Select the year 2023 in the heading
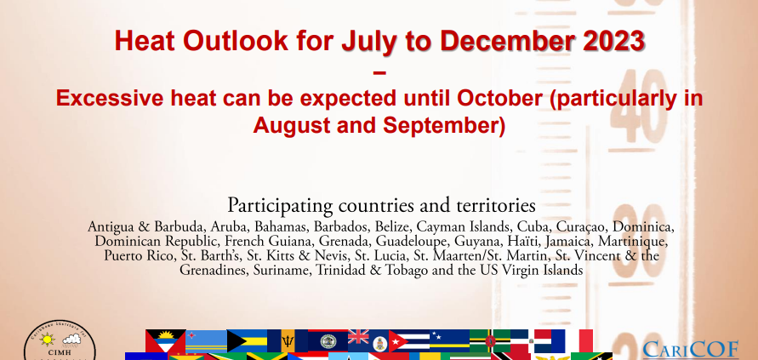[614, 41]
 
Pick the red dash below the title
[380, 73]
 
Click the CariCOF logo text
[690, 349]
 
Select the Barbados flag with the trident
[288, 340]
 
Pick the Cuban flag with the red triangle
[409, 340]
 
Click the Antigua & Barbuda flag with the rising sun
[166, 340]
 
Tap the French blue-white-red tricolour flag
[572, 340]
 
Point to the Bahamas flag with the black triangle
[247, 340]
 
